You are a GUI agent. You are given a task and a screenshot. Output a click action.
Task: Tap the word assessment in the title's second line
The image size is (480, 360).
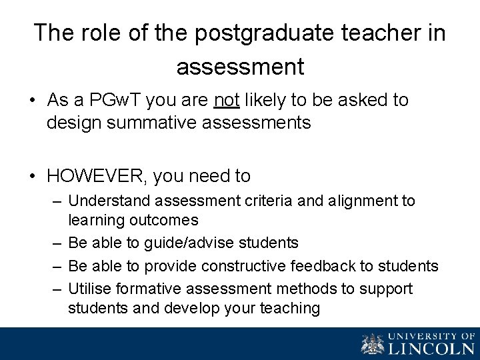(240, 66)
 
